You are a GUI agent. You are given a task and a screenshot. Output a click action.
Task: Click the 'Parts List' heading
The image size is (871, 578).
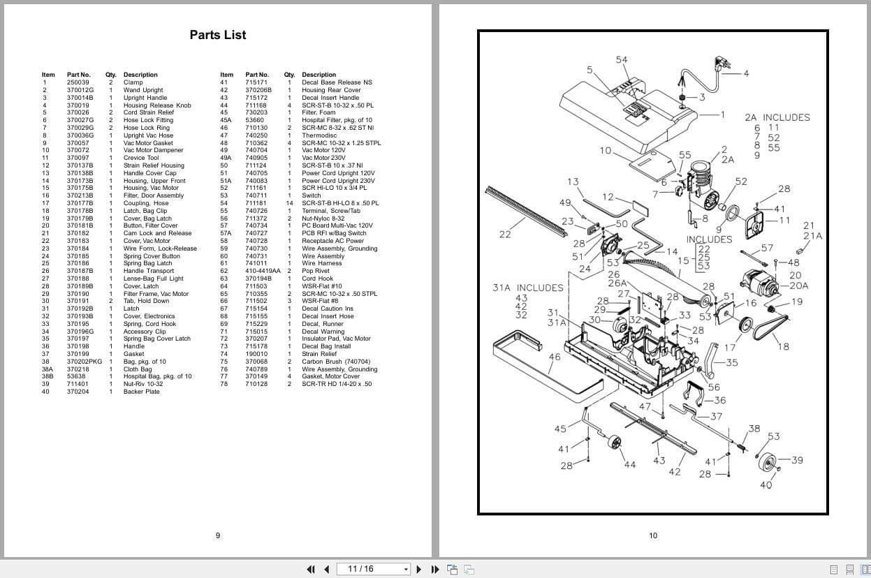(218, 35)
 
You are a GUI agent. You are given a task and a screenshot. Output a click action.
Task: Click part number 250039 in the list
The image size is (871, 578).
(78, 82)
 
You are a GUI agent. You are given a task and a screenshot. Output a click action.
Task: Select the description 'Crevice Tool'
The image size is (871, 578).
(141, 158)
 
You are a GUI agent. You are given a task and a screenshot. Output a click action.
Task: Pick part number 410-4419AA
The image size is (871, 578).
(263, 271)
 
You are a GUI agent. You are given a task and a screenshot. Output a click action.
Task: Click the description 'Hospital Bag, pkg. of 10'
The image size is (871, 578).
(157, 376)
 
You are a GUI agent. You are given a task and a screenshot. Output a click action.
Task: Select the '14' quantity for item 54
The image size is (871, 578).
(289, 203)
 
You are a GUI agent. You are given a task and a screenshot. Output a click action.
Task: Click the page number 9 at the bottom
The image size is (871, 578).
(218, 535)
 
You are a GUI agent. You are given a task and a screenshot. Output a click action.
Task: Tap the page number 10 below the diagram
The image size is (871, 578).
(653, 535)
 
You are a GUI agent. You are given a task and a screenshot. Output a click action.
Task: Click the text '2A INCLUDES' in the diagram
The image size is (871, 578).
(777, 117)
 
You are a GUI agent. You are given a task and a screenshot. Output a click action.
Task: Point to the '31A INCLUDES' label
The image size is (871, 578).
(527, 288)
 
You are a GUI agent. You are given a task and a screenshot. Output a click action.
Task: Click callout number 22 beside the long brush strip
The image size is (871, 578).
(505, 235)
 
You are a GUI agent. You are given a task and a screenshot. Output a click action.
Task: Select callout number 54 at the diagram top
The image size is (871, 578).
(622, 60)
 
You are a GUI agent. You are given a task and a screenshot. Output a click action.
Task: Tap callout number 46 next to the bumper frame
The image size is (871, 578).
(555, 357)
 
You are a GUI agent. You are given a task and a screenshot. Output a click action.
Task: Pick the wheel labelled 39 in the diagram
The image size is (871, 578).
(767, 462)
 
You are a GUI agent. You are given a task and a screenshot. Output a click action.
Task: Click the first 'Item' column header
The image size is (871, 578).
(48, 75)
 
